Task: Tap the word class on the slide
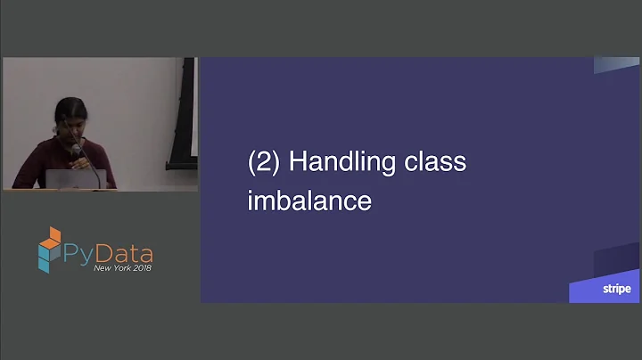click(438, 164)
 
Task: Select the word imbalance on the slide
click(309, 200)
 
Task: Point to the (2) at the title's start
click(264, 164)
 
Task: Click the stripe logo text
click(615, 289)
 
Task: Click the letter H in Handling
click(298, 164)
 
